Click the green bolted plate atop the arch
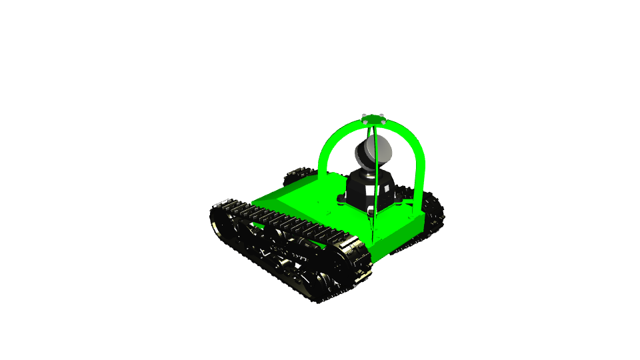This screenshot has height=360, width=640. [x=374, y=119]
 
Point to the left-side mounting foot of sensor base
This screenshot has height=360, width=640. [x=341, y=199]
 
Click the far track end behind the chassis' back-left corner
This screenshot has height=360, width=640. [x=297, y=175]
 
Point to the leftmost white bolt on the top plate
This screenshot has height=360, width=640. [x=364, y=117]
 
